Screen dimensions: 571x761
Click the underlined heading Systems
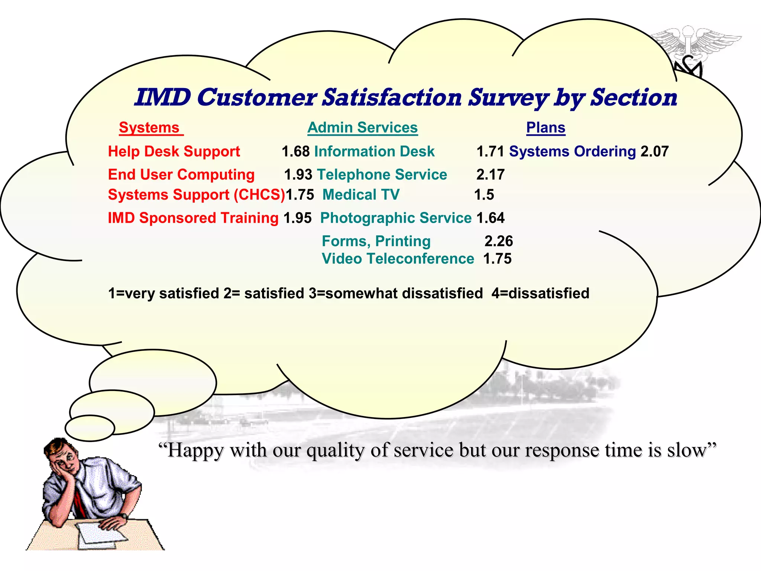click(x=149, y=128)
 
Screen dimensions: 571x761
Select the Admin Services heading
click(x=362, y=128)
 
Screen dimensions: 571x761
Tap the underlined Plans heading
click(x=545, y=128)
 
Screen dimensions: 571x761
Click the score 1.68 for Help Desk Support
click(x=295, y=152)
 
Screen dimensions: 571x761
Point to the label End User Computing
click(x=181, y=175)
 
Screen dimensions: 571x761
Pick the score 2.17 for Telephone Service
click(x=490, y=175)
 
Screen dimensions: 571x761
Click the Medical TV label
click(x=361, y=195)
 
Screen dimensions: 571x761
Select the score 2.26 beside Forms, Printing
click(x=498, y=241)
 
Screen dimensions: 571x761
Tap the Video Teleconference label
click(x=398, y=259)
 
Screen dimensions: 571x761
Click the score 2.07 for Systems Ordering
click(x=654, y=152)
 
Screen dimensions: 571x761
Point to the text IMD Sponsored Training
click(x=193, y=218)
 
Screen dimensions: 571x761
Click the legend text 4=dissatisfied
click(x=540, y=293)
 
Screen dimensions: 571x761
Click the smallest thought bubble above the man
click(x=90, y=428)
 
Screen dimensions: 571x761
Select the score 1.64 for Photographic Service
click(x=490, y=218)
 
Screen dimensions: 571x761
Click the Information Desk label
click(x=374, y=152)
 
